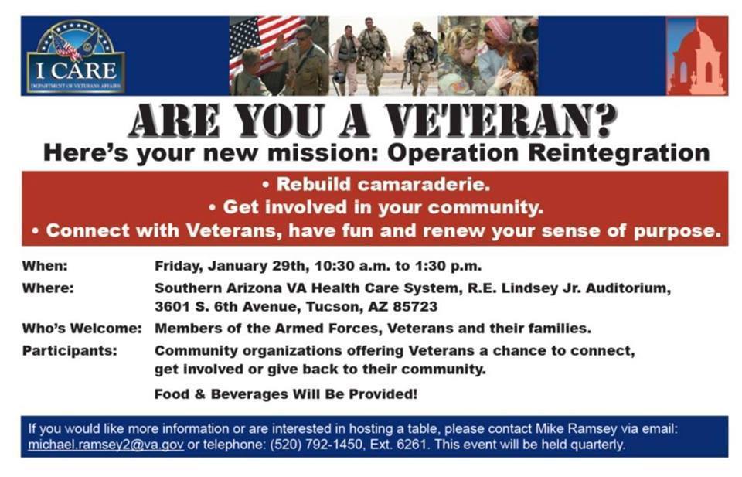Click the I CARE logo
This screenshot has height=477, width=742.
click(76, 56)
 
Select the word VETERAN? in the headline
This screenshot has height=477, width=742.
click(501, 121)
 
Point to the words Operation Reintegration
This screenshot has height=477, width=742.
click(549, 153)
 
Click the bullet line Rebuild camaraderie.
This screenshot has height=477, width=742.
click(376, 184)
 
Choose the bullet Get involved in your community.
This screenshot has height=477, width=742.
click(376, 207)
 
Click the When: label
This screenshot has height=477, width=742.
click(45, 266)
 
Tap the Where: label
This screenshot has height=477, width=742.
click(48, 288)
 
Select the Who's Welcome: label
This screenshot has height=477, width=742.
click(82, 329)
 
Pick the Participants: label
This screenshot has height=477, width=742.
click(70, 351)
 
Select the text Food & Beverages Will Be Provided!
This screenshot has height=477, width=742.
click(286, 394)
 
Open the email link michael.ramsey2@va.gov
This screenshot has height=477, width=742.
click(106, 445)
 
